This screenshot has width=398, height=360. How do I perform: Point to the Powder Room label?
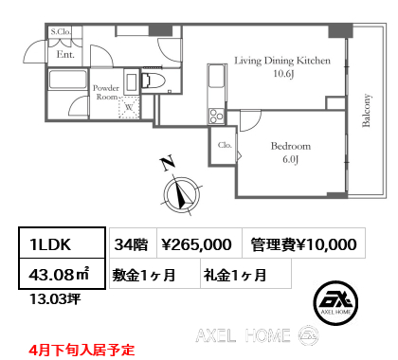105,92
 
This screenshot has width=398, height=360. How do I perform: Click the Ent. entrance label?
65,55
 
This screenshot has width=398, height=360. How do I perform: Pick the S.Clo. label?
61,32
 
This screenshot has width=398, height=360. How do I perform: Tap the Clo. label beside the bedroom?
225,145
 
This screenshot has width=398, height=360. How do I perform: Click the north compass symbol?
181,194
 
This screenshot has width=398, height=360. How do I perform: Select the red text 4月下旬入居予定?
81,348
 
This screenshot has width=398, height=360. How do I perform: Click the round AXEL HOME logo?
333,300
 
